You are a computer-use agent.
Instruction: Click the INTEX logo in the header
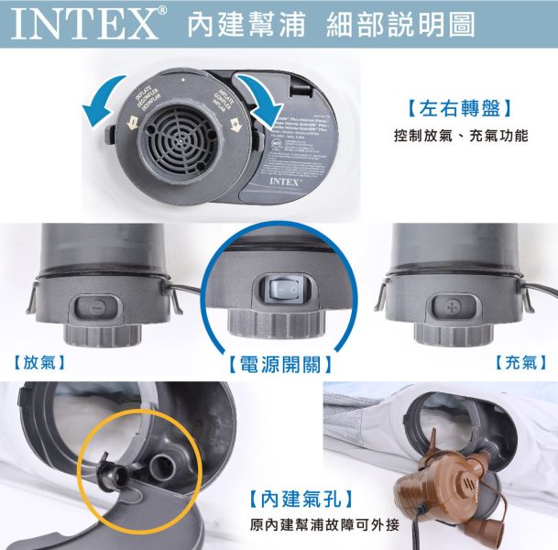[84, 24]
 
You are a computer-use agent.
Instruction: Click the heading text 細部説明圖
[400, 25]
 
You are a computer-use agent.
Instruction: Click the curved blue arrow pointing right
[265, 109]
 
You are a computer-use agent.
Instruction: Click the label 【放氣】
[38, 362]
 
